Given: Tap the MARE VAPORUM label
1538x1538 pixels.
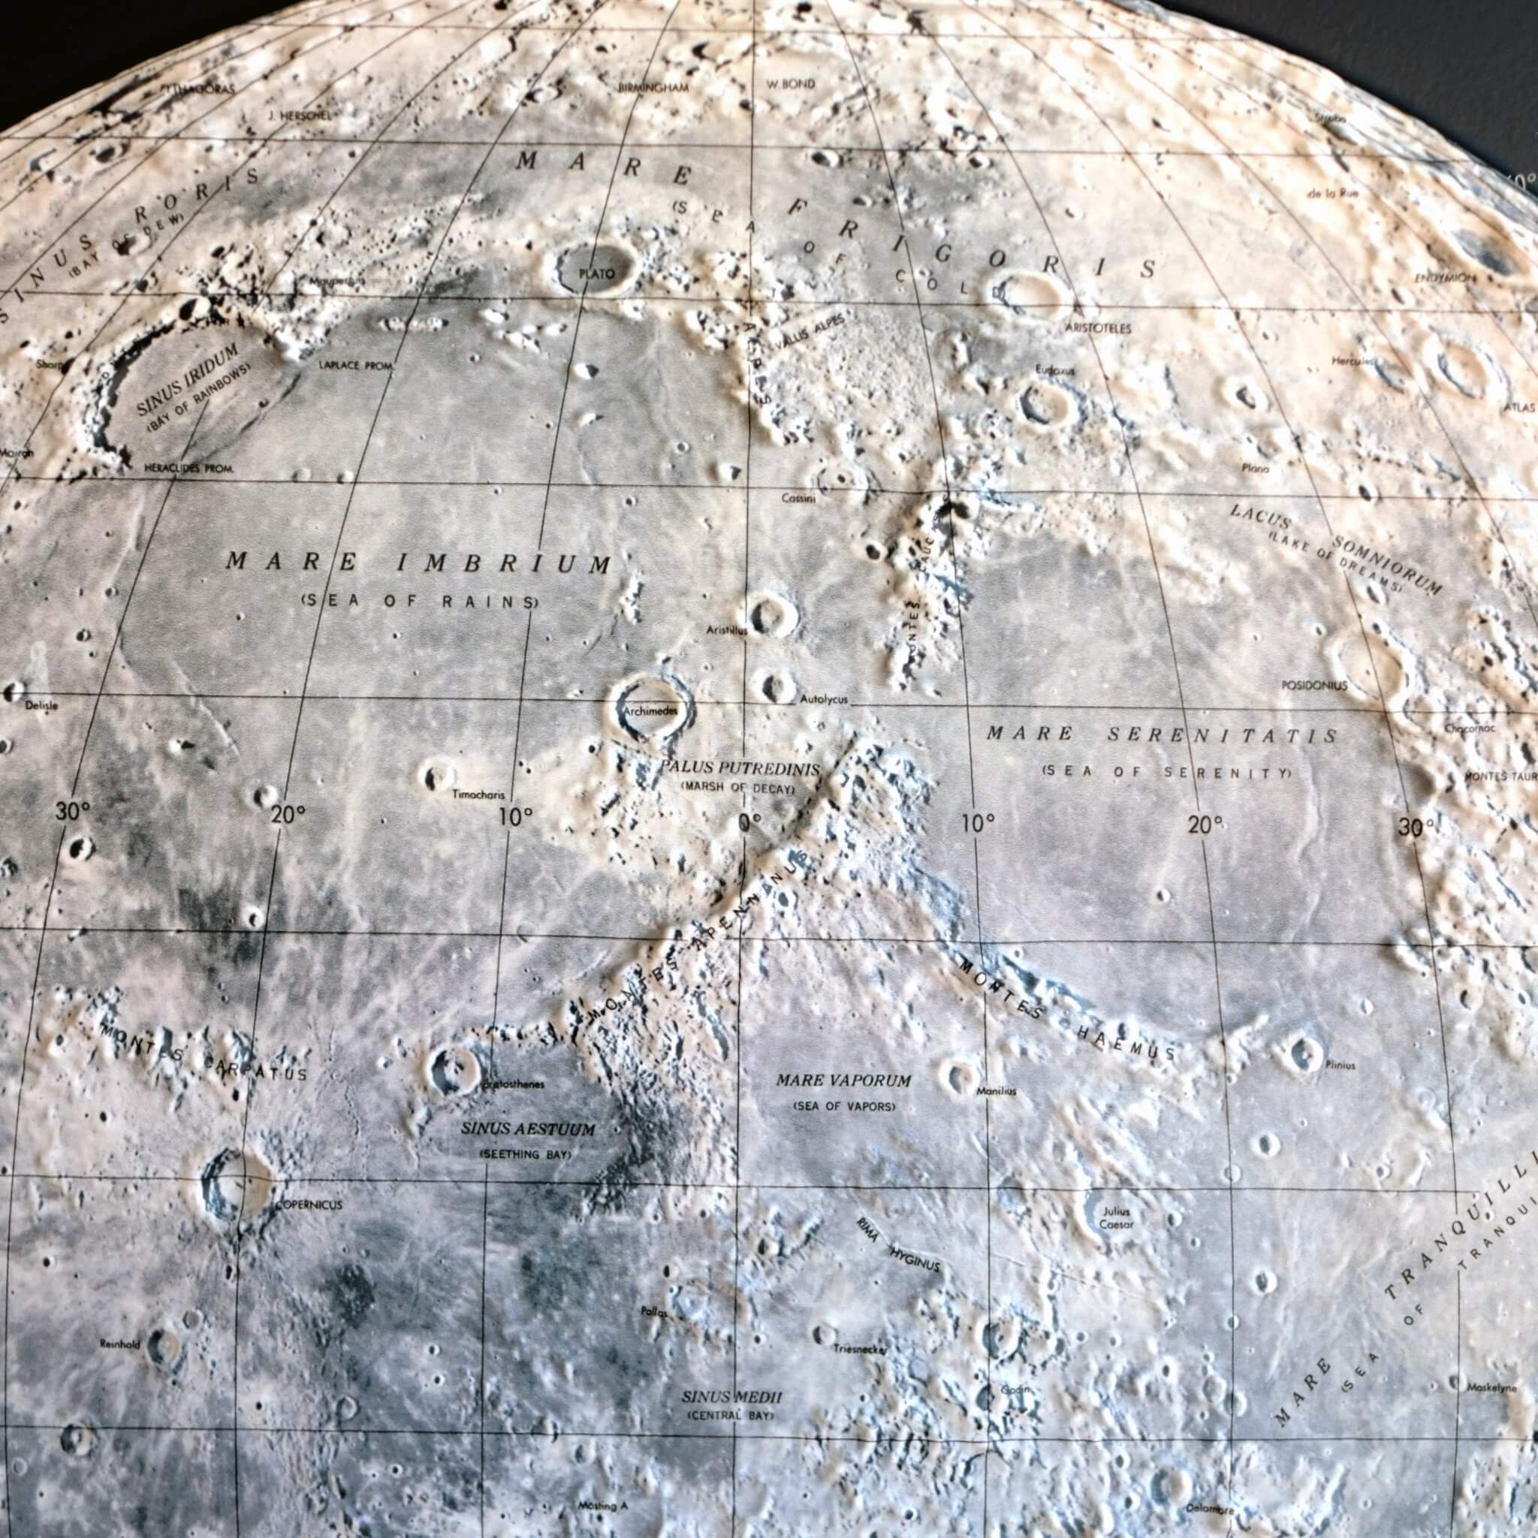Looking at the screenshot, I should [x=844, y=1080].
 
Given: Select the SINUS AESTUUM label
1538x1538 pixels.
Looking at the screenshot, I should [x=528, y=1129].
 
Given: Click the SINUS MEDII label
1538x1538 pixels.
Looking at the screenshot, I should [x=731, y=1397].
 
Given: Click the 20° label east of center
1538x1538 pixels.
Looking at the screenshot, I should [x=1205, y=825].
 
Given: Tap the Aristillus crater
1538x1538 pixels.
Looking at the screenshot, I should [x=771, y=614].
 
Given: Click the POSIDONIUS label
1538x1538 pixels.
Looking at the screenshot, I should [x=1313, y=685].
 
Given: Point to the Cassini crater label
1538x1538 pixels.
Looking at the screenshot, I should [x=798, y=498].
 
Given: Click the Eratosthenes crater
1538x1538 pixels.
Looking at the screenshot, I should [x=451, y=1069].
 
